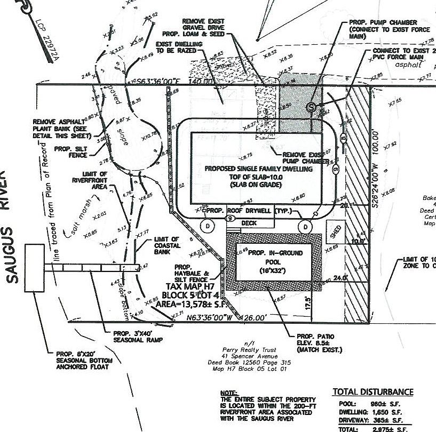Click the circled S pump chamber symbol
pos(312,107)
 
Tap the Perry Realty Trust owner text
pos(257,350)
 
